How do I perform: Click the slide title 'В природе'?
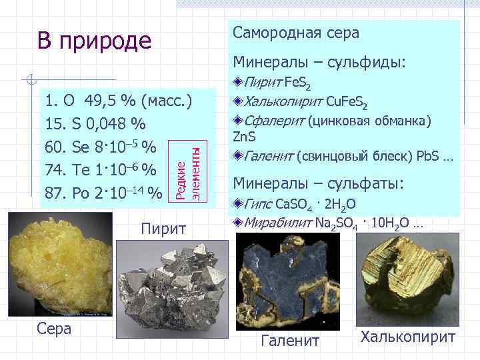coord(94,41)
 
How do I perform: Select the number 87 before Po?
coord(54,193)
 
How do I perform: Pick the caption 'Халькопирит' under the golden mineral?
coord(408,337)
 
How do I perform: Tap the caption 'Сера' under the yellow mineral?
coord(54,330)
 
